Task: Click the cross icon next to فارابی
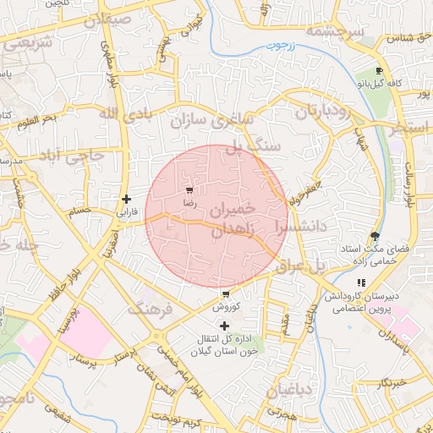pyautogui.click(x=127, y=200)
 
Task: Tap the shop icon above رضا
pyautogui.click(x=189, y=190)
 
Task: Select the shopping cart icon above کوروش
pyautogui.click(x=226, y=293)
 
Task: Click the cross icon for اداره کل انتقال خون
pyautogui.click(x=224, y=326)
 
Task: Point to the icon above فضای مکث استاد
pyautogui.click(x=375, y=237)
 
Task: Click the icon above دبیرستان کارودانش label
pyautogui.click(x=361, y=282)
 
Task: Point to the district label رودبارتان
pyautogui.click(x=324, y=111)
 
